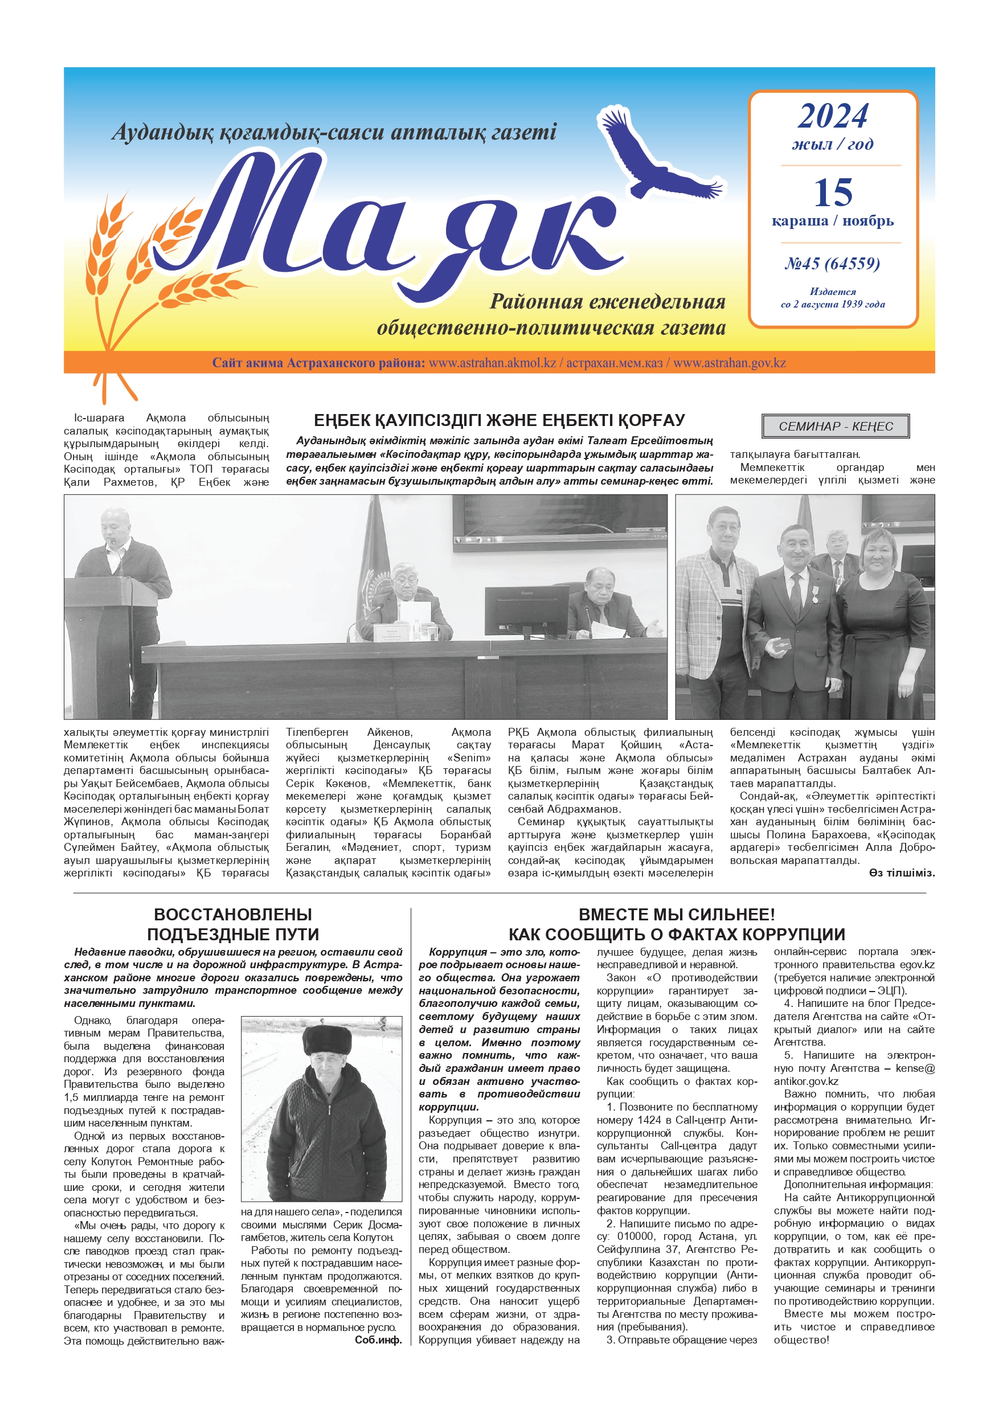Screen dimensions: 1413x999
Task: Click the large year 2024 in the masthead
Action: point(833,116)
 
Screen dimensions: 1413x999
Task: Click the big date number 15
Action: point(833,193)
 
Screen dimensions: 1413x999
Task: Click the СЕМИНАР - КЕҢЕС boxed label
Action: point(836,426)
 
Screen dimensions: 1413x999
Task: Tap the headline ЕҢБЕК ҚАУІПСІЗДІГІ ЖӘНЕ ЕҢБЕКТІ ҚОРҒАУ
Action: point(499,420)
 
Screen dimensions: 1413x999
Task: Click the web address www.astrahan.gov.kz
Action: point(730,363)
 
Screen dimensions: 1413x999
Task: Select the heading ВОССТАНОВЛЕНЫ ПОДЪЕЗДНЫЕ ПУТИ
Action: point(233,924)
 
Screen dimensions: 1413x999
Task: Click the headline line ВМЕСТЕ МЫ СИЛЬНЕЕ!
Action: point(677,915)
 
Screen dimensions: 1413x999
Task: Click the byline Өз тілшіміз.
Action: point(902,873)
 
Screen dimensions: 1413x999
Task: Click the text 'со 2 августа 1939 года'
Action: point(833,304)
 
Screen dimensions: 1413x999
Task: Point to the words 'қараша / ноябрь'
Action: point(833,221)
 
